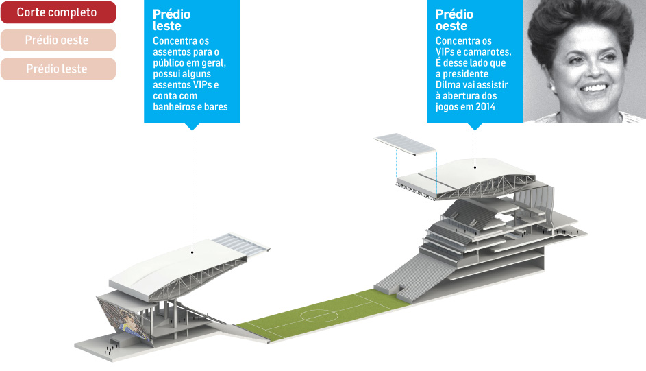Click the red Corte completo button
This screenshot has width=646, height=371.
(x=58, y=12)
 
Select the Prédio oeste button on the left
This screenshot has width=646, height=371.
(x=58, y=40)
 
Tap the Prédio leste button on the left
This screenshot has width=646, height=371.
(x=58, y=69)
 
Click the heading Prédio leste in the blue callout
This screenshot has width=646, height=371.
(x=171, y=20)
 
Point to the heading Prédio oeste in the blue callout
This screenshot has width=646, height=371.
(x=454, y=20)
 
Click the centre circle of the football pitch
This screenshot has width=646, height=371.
(x=319, y=316)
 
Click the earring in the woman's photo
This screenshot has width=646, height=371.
(x=553, y=87)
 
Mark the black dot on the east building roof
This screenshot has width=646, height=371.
(x=192, y=252)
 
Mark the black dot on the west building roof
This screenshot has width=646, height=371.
(x=475, y=167)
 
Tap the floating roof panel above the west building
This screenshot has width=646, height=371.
(x=405, y=144)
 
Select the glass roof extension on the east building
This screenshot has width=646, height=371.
(x=241, y=243)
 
